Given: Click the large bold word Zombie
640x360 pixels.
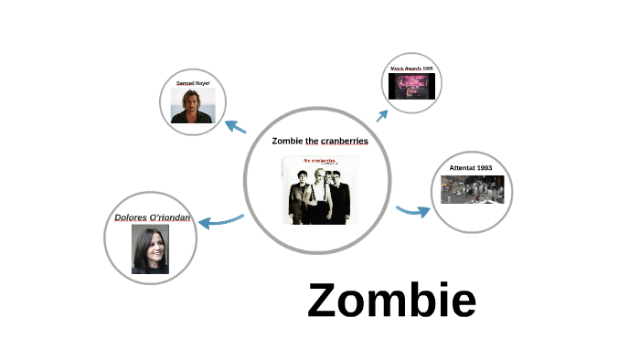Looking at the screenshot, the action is tap(391, 300).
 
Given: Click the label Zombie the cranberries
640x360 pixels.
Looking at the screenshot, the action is tap(320, 141).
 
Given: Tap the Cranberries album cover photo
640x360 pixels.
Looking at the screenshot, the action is tap(319, 190).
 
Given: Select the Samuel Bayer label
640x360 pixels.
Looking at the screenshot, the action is tap(192, 83).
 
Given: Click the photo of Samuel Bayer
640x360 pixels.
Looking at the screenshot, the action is tap(192, 105).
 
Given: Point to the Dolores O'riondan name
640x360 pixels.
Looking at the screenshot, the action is tap(153, 217).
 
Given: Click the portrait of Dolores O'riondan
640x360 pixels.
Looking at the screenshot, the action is tap(151, 249).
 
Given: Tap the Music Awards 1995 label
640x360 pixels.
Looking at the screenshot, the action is tap(411, 69).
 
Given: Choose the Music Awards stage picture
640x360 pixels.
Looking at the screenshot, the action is tap(411, 86).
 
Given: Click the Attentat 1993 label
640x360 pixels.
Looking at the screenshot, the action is tap(471, 168).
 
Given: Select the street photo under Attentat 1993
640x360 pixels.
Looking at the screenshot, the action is tap(472, 188).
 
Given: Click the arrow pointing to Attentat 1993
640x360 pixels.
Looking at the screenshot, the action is tap(413, 212).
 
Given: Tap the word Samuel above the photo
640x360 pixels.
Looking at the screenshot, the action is tap(185, 83).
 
